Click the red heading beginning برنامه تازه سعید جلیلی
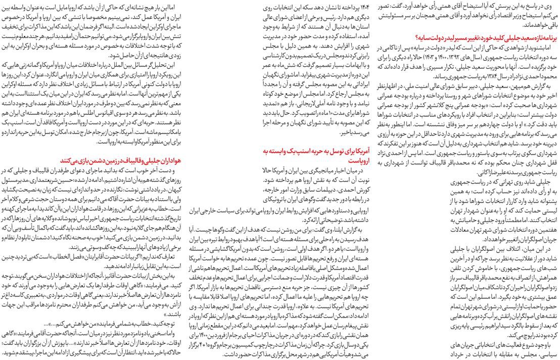point(485,38)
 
